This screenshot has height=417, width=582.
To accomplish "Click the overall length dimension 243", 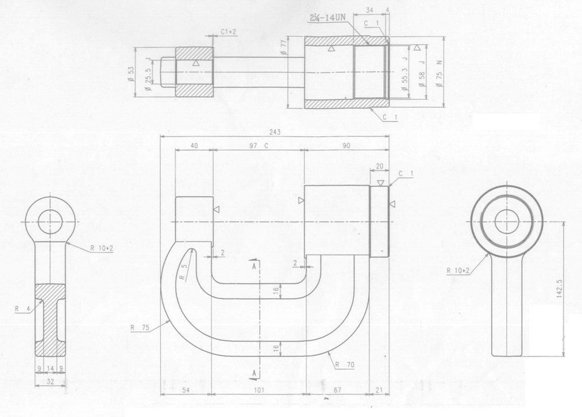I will (275, 132).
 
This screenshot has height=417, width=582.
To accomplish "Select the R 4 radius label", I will (21, 308).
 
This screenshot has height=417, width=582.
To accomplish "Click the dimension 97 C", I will (259, 146).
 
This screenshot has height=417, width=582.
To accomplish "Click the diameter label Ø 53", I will (131, 74).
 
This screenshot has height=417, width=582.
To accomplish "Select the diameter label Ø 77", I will (284, 46).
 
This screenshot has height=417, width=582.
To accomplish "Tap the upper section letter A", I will (253, 266).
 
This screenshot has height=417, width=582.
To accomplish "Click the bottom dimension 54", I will (186, 391).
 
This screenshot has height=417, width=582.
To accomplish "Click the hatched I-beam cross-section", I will (50, 319).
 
